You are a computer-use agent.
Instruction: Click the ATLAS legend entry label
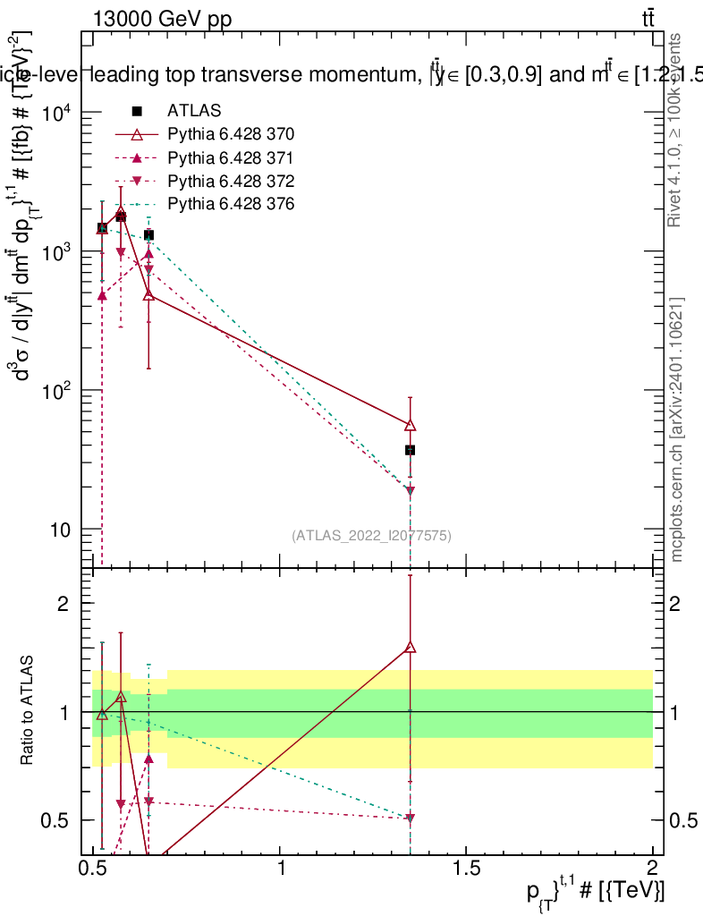194,111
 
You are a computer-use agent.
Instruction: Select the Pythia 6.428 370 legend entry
231,134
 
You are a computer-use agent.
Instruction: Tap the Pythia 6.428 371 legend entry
231,157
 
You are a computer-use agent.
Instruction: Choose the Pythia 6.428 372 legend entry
231,181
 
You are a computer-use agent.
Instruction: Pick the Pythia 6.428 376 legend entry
231,204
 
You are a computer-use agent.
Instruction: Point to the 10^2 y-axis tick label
59,391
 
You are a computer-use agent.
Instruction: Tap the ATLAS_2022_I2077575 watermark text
371,536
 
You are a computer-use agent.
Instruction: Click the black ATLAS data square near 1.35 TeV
410,450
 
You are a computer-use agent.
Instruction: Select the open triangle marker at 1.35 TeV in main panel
410,425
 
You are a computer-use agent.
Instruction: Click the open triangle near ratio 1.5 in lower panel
410,647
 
